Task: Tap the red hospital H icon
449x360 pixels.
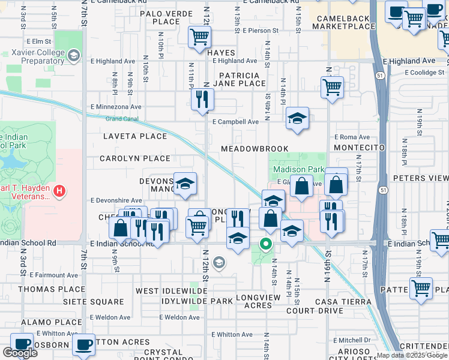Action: (59, 191)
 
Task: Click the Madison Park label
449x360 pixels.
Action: (294, 170)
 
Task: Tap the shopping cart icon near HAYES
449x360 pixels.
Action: (200, 37)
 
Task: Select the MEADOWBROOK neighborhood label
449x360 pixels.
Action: (255, 148)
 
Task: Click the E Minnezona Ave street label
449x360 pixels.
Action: (116, 107)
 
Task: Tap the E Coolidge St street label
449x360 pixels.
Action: (426, 73)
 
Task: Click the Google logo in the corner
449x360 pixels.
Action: (20, 353)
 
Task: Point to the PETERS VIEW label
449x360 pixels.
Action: (420, 178)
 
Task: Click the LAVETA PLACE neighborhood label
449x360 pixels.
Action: (134, 136)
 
